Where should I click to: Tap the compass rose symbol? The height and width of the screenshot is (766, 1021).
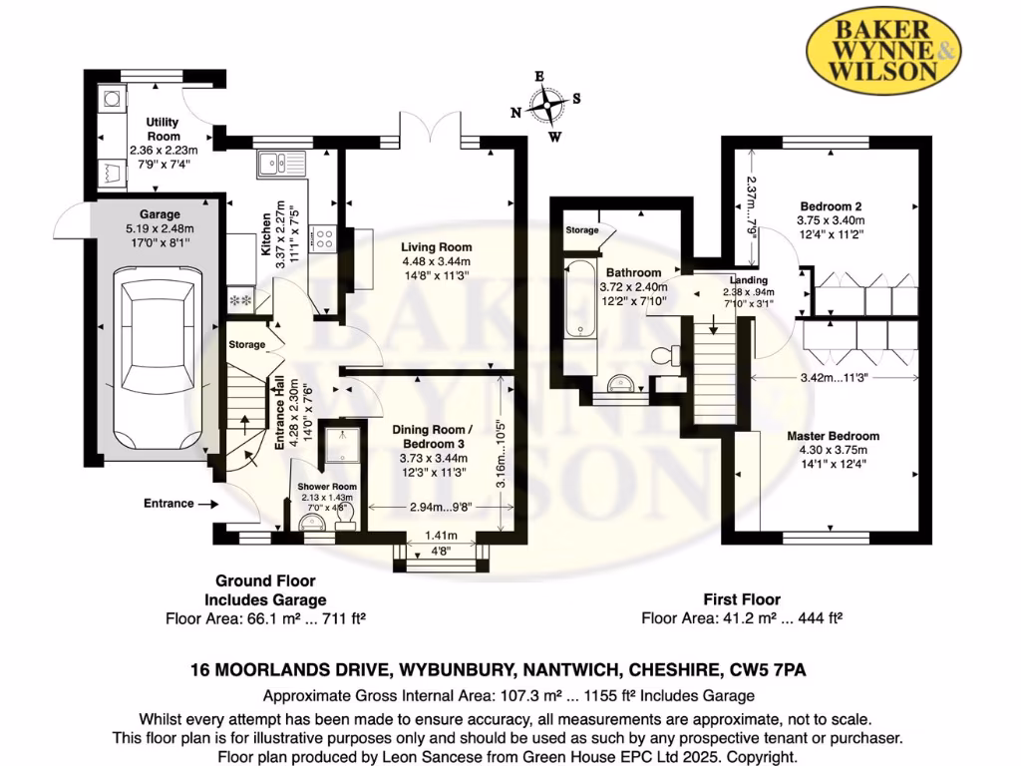pyautogui.click(x=546, y=106)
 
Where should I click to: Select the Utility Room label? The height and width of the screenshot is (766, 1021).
pyautogui.click(x=163, y=129)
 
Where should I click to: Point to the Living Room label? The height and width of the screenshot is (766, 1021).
pyautogui.click(x=437, y=247)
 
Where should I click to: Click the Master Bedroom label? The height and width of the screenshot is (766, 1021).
pyautogui.click(x=833, y=436)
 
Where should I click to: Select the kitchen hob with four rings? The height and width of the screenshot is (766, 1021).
pyautogui.click(x=324, y=237)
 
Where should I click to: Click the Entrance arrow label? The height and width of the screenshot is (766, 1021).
pyautogui.click(x=168, y=504)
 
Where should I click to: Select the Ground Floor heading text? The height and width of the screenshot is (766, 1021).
pyautogui.click(x=265, y=580)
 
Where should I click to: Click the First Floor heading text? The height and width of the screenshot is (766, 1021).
pyautogui.click(x=742, y=599)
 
